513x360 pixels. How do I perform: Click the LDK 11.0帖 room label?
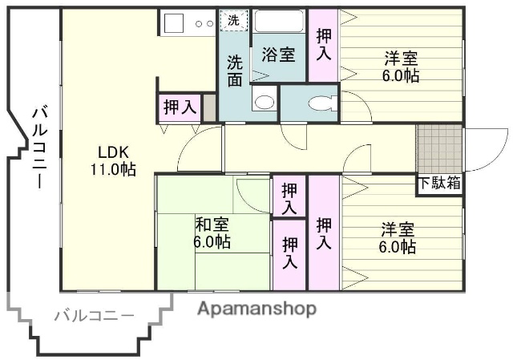coord(116,160)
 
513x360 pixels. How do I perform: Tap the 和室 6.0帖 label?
coord(212,233)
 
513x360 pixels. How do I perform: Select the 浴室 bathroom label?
coord(278,55)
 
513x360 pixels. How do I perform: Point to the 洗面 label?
coord(234,70)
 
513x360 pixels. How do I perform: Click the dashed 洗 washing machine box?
coord(233,21)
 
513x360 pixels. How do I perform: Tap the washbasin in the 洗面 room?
coord(263,101)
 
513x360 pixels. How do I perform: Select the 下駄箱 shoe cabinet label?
coord(439,184)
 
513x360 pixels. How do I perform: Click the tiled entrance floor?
coord(438,149)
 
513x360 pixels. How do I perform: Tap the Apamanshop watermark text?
coord(256,309)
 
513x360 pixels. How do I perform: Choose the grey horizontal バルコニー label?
coord(94,315)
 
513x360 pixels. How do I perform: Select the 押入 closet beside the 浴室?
coord(324,44)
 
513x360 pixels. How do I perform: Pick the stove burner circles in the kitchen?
coord(204,23)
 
